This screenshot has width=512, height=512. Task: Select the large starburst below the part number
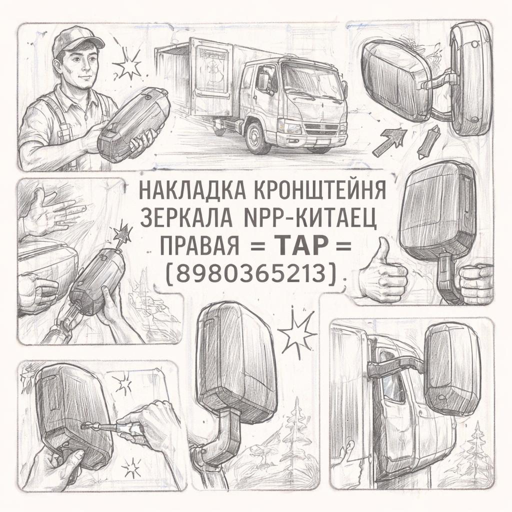[296, 334]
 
